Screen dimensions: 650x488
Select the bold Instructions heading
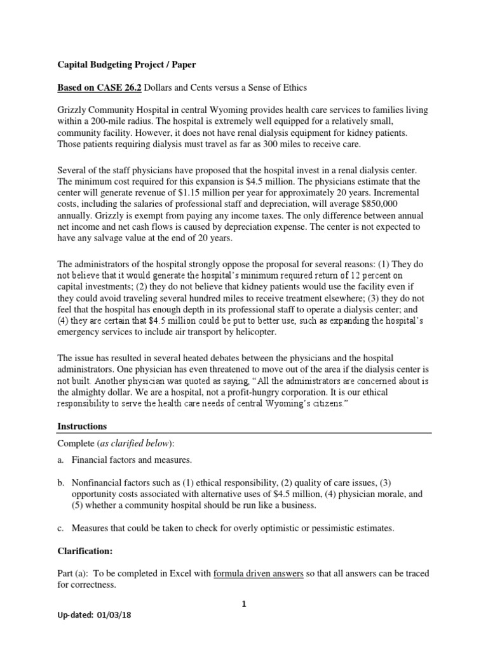(x=83, y=426)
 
